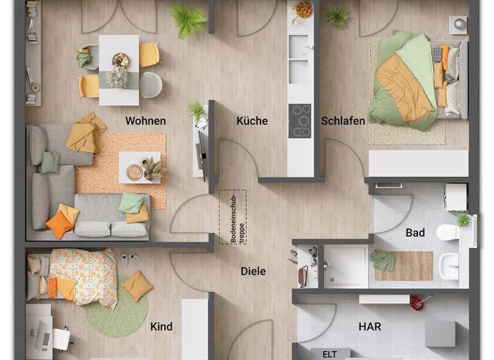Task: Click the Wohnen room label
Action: pyautogui.click(x=145, y=121)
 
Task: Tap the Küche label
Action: pyautogui.click(x=252, y=121)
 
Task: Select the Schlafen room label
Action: pyautogui.click(x=343, y=121)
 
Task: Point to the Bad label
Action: pyautogui.click(x=415, y=233)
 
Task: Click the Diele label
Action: pyautogui.click(x=253, y=271)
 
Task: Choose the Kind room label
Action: pyautogui.click(x=161, y=327)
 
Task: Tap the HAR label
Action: pyautogui.click(x=369, y=327)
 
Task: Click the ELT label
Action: pyautogui.click(x=329, y=354)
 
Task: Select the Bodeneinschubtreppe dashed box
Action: pyautogui.click(x=232, y=216)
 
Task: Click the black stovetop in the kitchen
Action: pyautogui.click(x=300, y=121)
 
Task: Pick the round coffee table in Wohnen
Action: pyautogui.click(x=135, y=171)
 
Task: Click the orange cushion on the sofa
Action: pyautogui.click(x=59, y=224)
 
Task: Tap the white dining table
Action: pyautogui.click(x=119, y=69)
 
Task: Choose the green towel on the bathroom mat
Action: pyautogui.click(x=383, y=261)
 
